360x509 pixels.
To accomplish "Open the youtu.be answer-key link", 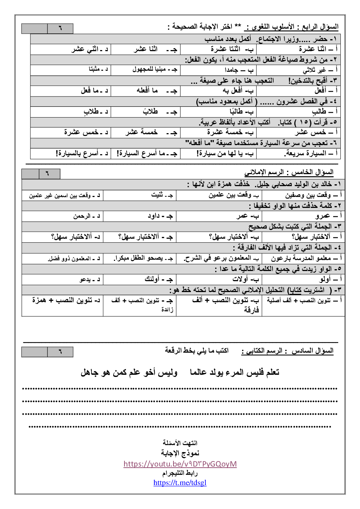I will click(x=180, y=464).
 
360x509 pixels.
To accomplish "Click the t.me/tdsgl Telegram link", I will click(x=180, y=483).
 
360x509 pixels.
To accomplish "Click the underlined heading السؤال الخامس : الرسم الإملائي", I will click(x=289, y=172).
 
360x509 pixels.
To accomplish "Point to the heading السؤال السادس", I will click(x=313, y=351).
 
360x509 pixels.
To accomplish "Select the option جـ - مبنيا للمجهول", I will click(x=155, y=69).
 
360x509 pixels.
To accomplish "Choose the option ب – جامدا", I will click(x=238, y=70).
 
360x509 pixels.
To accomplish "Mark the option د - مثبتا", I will click(x=98, y=69).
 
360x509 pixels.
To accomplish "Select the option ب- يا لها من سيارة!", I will click(x=225, y=153).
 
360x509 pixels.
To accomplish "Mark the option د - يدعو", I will click(x=90, y=279).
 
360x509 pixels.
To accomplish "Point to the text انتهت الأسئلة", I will click(x=180, y=443).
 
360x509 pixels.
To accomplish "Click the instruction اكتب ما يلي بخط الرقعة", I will click(x=197, y=350).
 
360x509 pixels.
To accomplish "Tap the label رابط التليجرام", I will click(x=180, y=473).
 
